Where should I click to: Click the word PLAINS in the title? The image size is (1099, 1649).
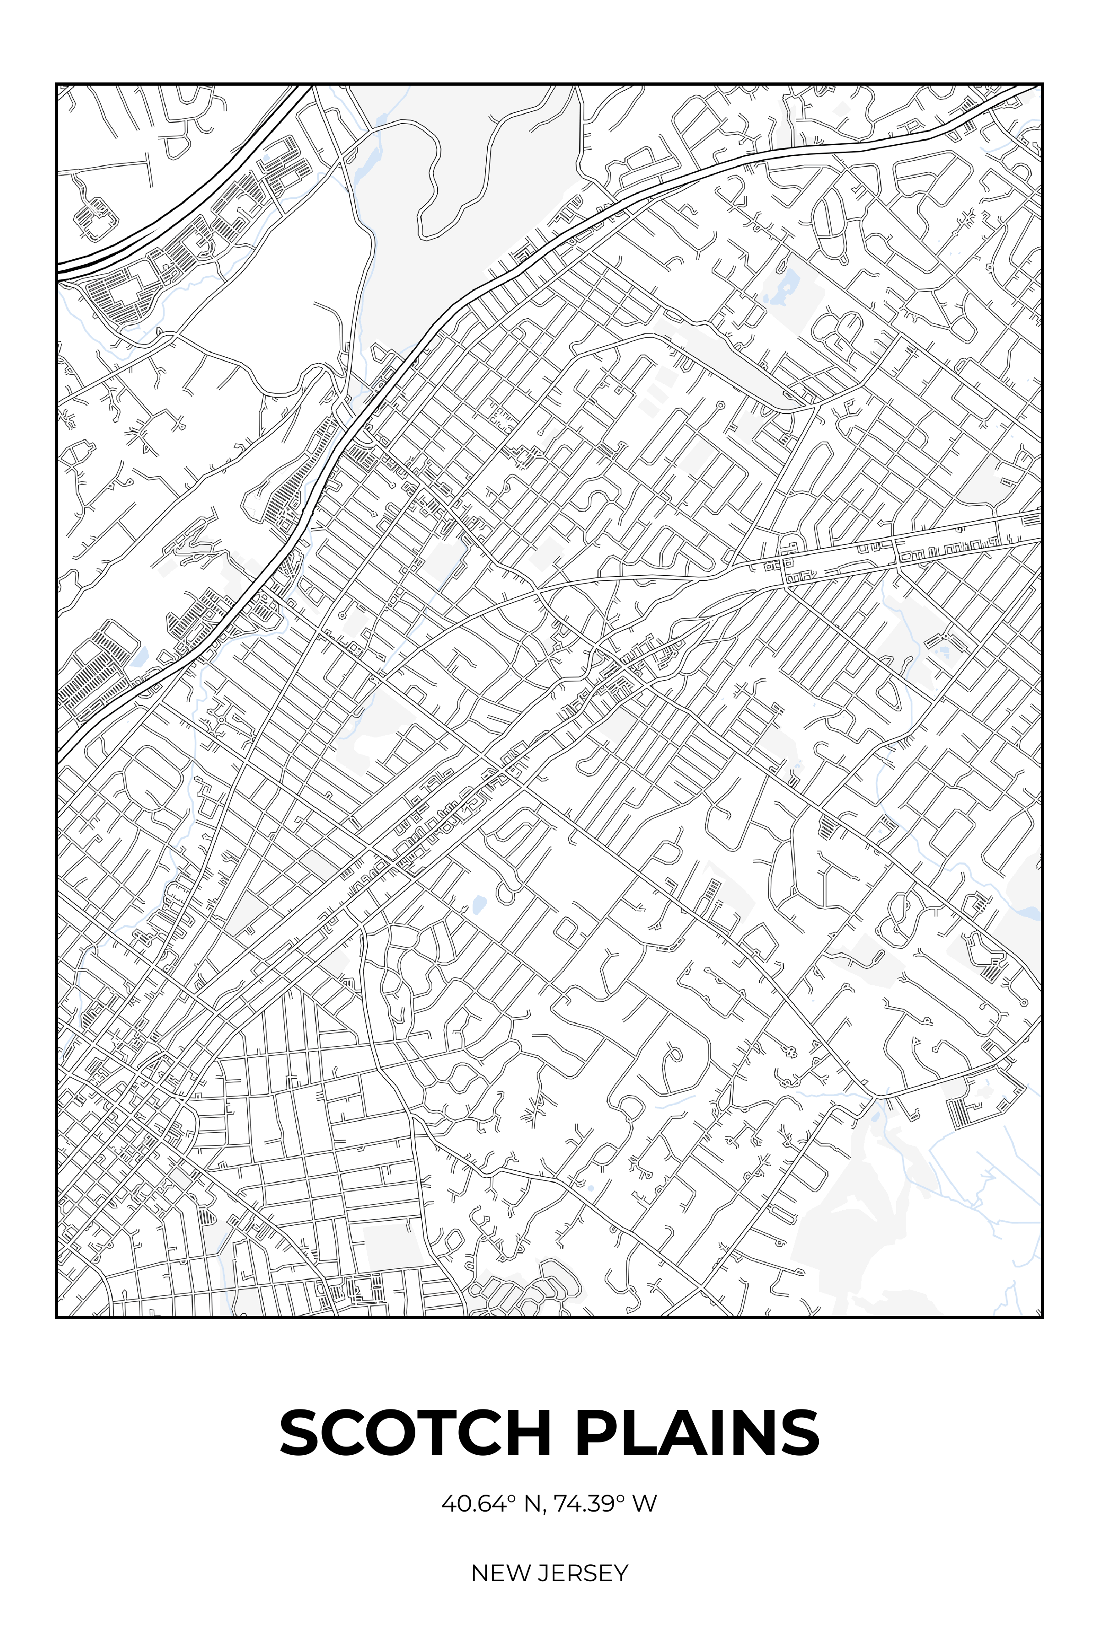(696, 1433)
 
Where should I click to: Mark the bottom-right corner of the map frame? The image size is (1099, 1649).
(1042, 1317)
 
